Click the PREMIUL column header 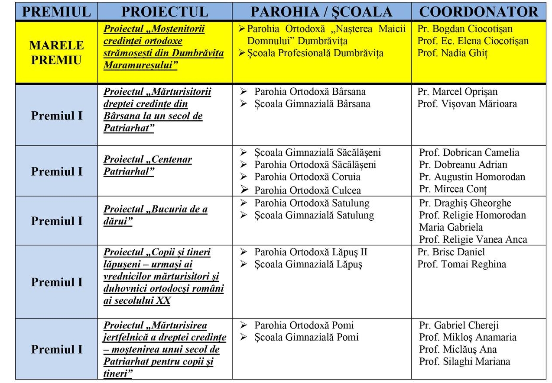56,12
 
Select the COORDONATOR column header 478,12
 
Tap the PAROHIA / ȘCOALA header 321,12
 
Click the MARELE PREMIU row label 56,52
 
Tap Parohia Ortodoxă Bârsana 310,92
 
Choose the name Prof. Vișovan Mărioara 467,104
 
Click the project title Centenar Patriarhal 147,165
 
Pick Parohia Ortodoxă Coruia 307,177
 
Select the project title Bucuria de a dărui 155,215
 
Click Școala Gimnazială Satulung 314,215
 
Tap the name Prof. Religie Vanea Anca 473,239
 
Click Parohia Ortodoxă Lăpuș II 311,252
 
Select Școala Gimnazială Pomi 306,337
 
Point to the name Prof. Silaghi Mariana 464,361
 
